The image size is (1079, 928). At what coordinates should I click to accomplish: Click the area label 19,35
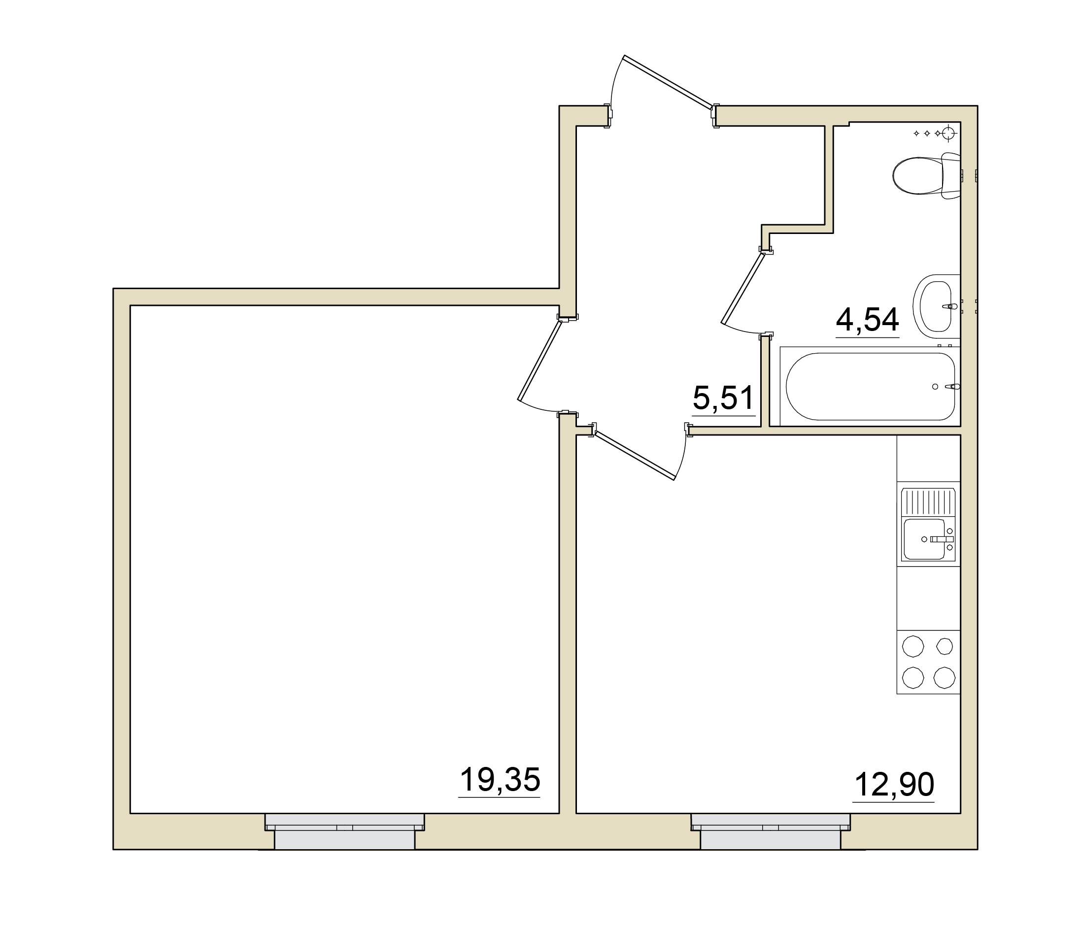point(500,780)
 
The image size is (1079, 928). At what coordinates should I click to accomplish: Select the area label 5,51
point(723,398)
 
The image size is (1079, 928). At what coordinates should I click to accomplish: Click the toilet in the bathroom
point(926,176)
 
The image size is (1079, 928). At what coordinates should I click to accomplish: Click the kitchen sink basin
point(925,538)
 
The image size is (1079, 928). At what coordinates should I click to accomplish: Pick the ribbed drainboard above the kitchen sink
point(929,501)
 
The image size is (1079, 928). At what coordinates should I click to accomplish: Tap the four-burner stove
point(929,662)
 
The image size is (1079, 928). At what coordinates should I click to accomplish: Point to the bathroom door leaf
point(742,288)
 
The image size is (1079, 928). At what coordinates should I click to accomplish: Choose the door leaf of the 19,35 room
point(539,361)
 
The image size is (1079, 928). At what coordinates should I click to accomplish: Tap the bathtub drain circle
point(935,386)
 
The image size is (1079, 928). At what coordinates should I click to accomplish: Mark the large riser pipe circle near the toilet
point(949,133)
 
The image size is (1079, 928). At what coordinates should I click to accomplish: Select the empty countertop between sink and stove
point(929,598)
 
